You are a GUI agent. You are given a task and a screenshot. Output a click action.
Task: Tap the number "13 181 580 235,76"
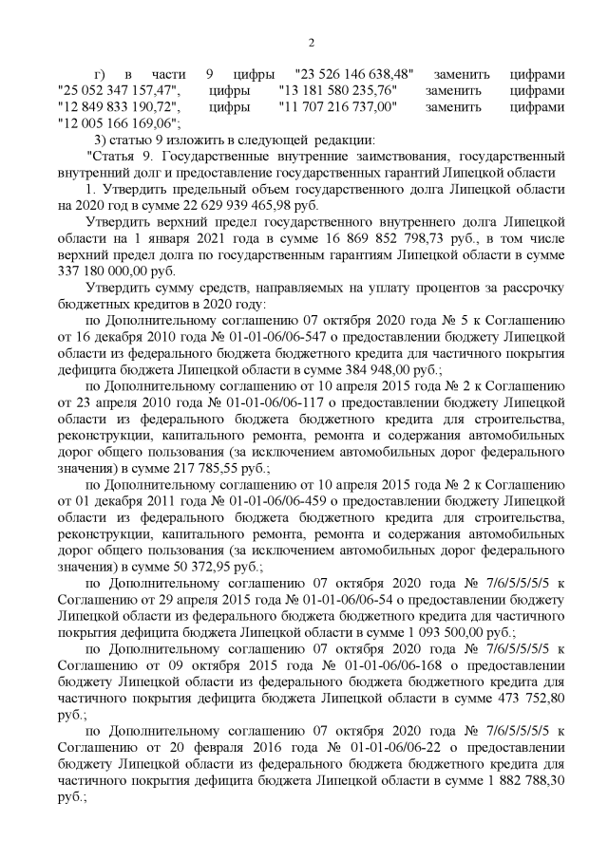point(338,90)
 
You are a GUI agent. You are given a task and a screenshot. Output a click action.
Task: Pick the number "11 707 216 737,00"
point(338,106)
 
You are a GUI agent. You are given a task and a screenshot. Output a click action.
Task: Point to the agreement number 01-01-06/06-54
point(332,598)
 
